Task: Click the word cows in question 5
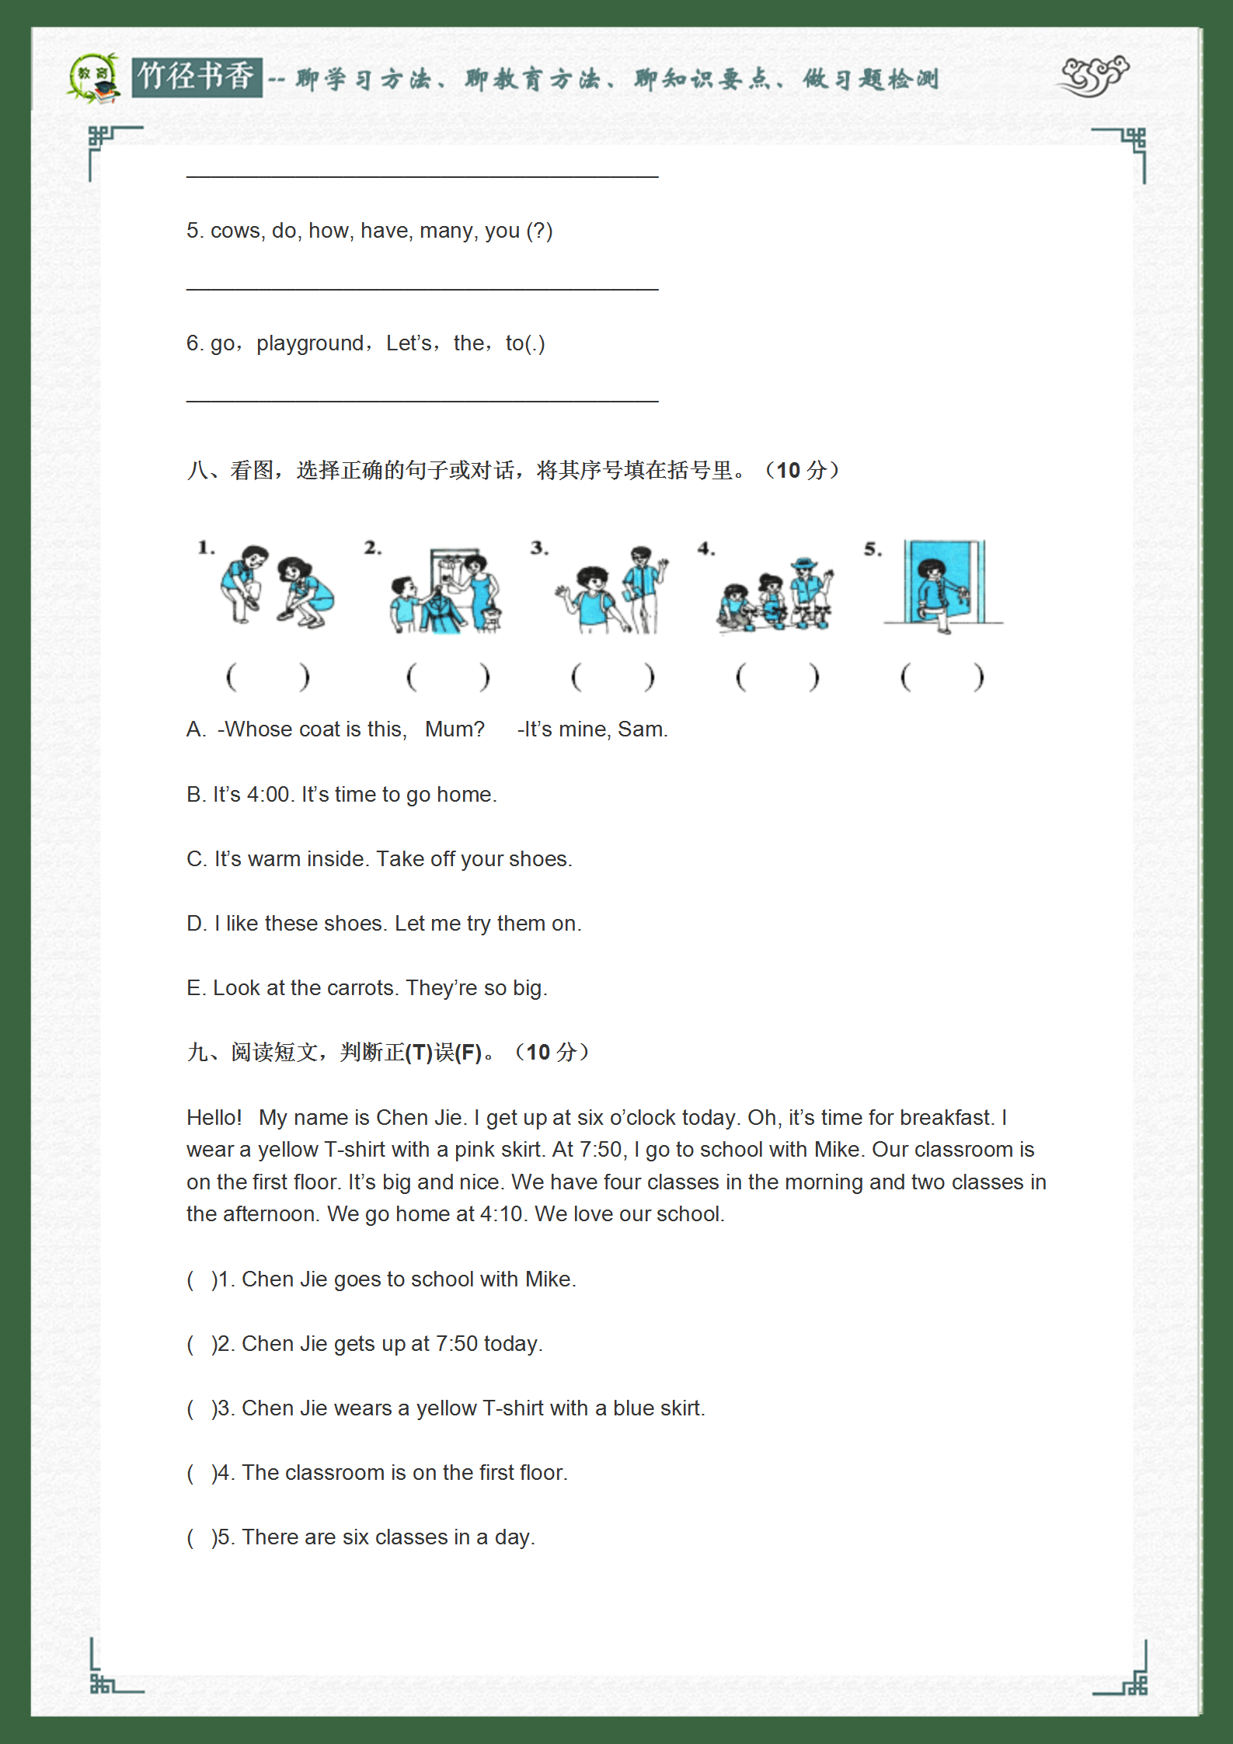(x=236, y=231)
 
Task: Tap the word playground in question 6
(x=310, y=343)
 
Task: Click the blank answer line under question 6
(x=422, y=400)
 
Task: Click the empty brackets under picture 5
(x=942, y=677)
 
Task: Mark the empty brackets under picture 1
(x=267, y=677)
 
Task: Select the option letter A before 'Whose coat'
(x=194, y=729)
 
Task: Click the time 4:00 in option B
(x=267, y=795)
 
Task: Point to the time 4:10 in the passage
(x=501, y=1214)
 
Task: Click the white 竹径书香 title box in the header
(x=197, y=77)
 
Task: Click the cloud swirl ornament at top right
(x=1095, y=76)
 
